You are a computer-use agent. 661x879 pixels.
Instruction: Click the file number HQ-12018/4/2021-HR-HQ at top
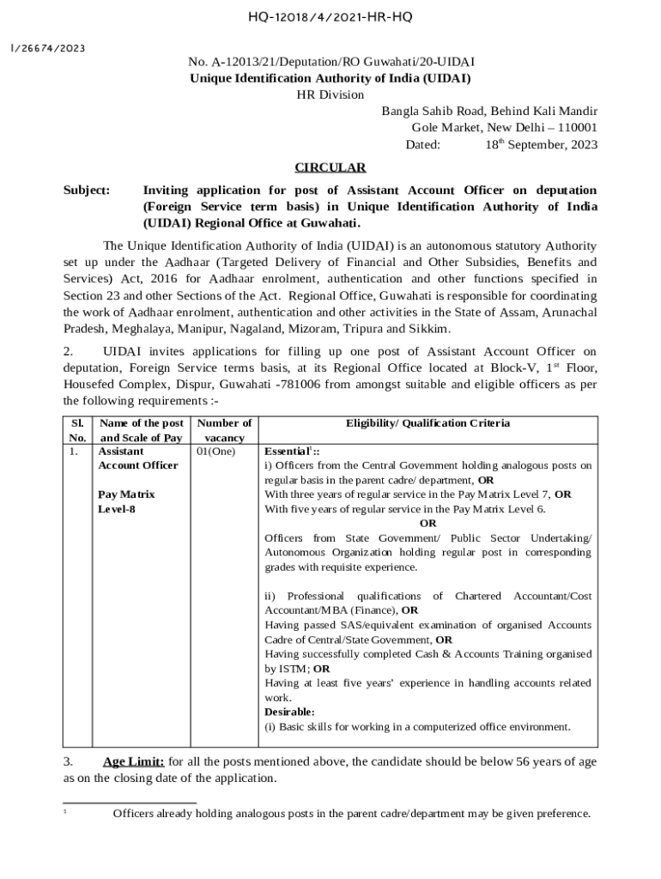[x=330, y=15]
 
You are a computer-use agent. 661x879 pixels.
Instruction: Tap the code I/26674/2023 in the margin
[x=48, y=48]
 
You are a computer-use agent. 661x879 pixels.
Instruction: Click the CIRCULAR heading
[x=330, y=167]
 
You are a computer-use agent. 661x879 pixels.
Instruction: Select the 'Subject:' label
[x=87, y=190]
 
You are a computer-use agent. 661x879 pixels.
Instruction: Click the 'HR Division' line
[x=330, y=94]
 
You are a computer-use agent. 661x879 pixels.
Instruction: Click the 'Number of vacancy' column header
[x=224, y=430]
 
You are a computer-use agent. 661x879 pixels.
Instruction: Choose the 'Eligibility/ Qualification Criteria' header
[x=428, y=423]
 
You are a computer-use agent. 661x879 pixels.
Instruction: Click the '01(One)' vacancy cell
[x=215, y=451]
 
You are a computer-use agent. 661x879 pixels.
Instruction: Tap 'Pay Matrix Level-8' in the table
[x=125, y=502]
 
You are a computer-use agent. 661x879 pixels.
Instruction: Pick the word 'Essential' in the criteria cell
[x=285, y=451]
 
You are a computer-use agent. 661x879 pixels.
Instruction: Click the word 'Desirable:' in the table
[x=289, y=712]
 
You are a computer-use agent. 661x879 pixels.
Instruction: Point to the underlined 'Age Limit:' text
[x=133, y=761]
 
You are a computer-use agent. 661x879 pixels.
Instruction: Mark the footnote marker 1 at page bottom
[x=66, y=811]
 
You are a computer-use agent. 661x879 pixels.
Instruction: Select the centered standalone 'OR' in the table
[x=428, y=523]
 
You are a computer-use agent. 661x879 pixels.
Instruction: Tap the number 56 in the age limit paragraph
[x=512, y=761]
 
